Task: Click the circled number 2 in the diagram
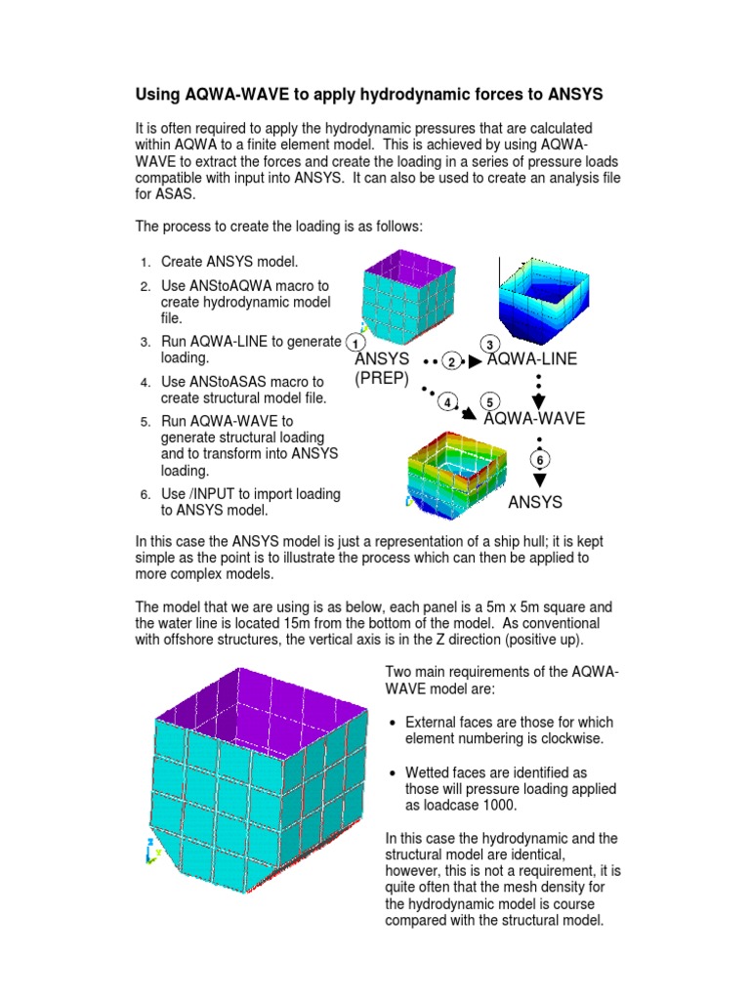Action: click(451, 361)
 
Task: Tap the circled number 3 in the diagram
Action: click(490, 344)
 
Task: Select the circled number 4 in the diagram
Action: click(448, 402)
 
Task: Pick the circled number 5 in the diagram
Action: click(489, 402)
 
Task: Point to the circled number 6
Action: click(538, 460)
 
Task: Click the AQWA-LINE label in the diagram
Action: click(531, 360)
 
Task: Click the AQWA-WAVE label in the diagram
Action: click(534, 419)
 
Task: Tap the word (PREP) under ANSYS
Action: click(382, 378)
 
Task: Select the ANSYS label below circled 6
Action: click(535, 503)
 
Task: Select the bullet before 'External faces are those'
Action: click(392, 724)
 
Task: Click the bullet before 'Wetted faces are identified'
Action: click(392, 773)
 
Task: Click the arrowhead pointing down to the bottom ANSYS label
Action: click(538, 480)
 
